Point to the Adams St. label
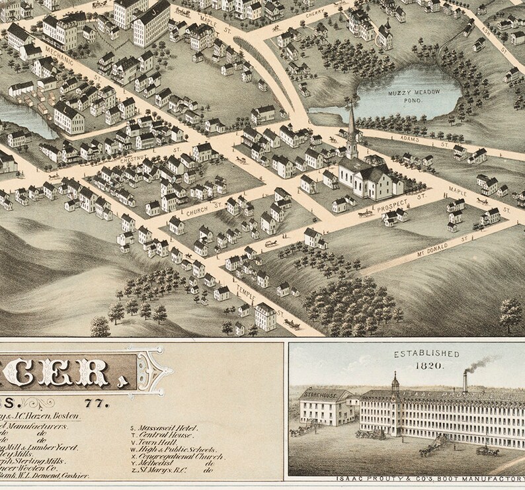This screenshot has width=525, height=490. pyautogui.click(x=415, y=140)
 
